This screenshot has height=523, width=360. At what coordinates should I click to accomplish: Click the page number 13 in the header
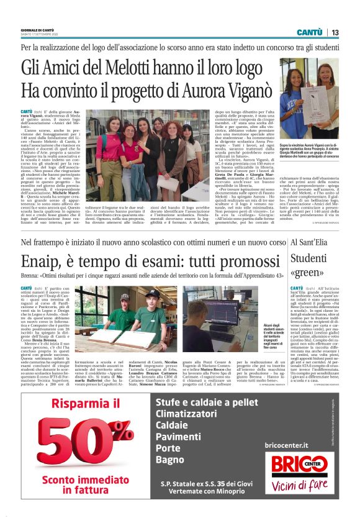[x=335, y=32]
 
